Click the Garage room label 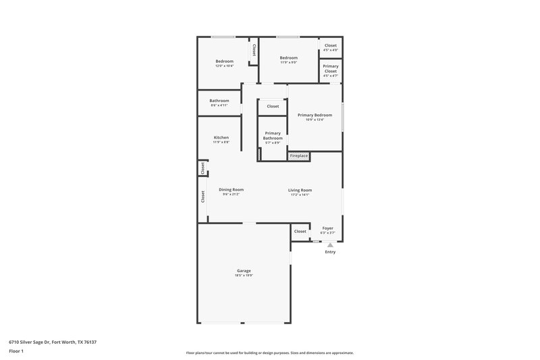pos(244,270)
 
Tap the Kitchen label pos(221,138)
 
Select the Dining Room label pos(231,190)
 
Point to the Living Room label pos(300,190)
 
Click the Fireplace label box pos(299,156)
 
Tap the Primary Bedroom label pos(315,115)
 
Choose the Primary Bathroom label pos(273,136)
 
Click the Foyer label pos(327,228)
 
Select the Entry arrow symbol pos(330,245)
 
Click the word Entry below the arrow pos(330,253)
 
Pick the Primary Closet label pos(331,68)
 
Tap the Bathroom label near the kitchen pos(219,101)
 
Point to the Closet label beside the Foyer pos(300,231)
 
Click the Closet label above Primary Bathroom pos(273,106)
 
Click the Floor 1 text pos(16,351)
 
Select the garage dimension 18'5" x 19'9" pos(244,275)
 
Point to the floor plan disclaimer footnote pos(270,353)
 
